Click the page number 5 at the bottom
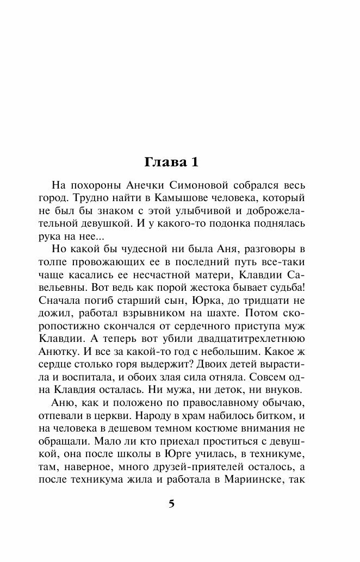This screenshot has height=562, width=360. point(171,503)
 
